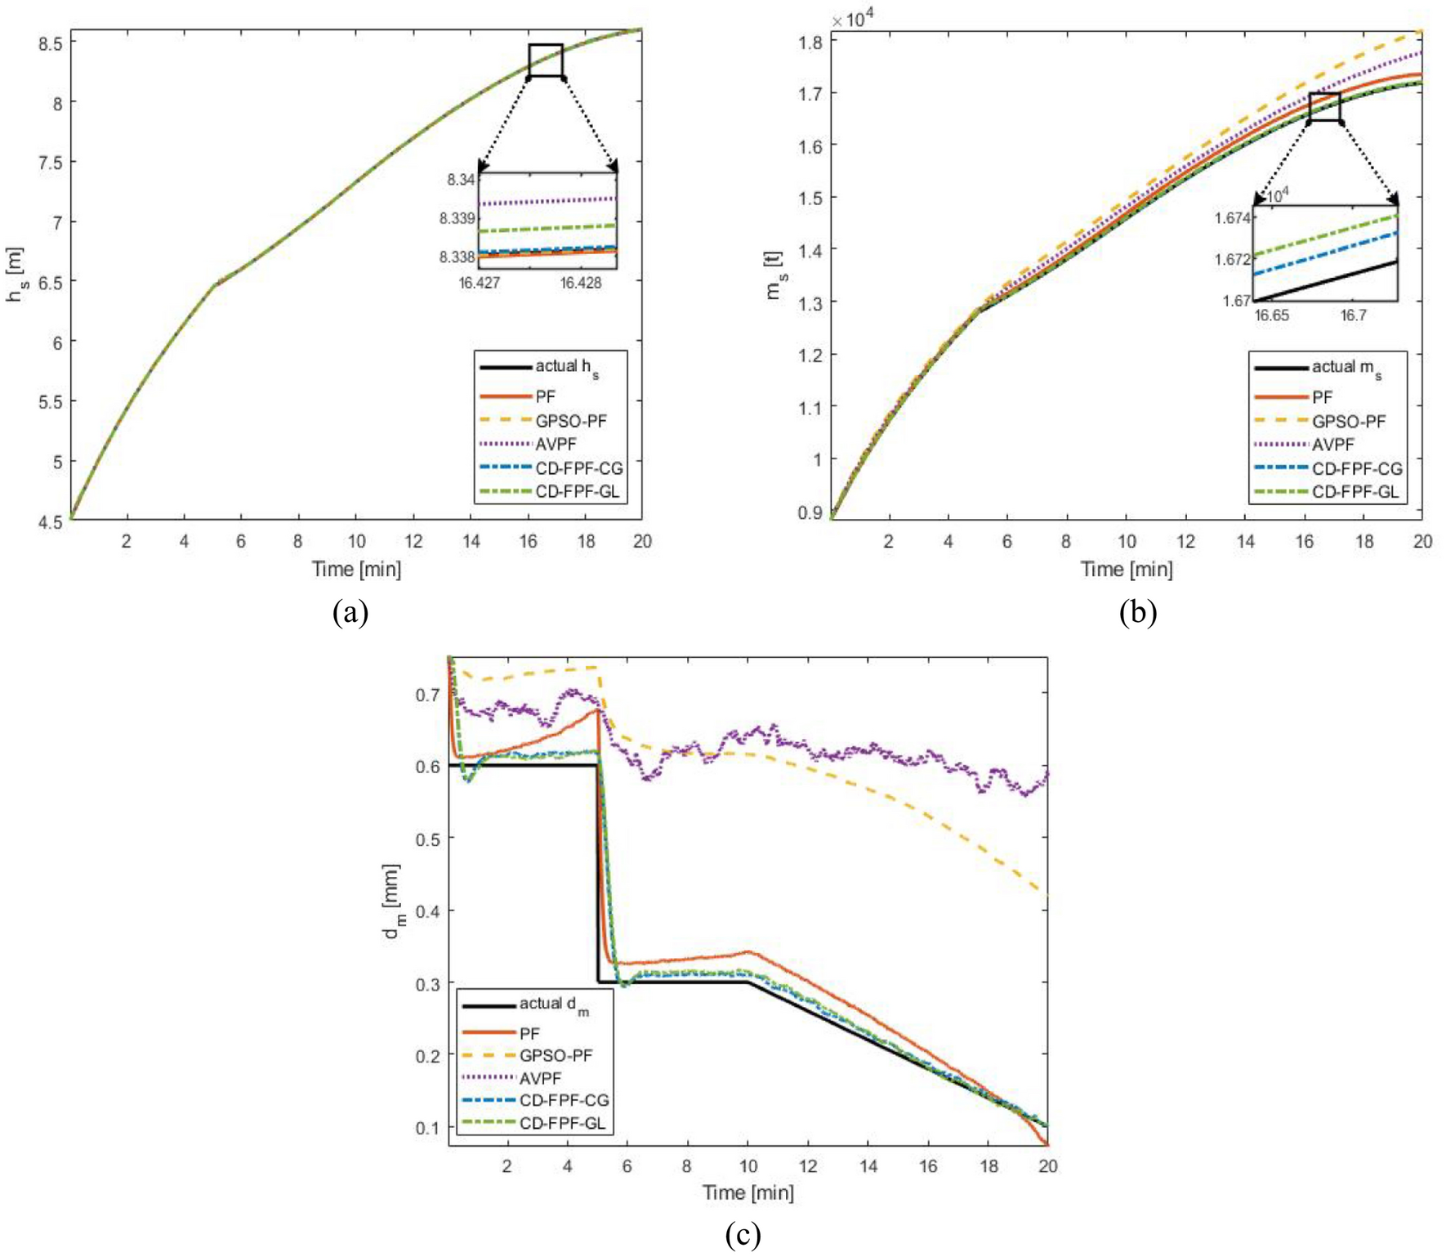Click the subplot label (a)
pyautogui.click(x=350, y=612)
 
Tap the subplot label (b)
pyautogui.click(x=1137, y=612)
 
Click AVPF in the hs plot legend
pyautogui.click(x=556, y=445)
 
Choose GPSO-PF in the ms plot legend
pyautogui.click(x=1349, y=422)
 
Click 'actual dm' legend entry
pyautogui.click(x=553, y=1004)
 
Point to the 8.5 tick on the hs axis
pyautogui.click(x=50, y=44)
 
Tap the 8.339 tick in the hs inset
pyautogui.click(x=457, y=218)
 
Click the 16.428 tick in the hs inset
pyautogui.click(x=580, y=283)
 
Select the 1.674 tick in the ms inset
pyautogui.click(x=1232, y=218)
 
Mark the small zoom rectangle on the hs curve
pyautogui.click(x=546, y=60)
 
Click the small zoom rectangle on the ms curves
pyautogui.click(x=1324, y=107)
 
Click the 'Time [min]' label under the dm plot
pyautogui.click(x=748, y=1192)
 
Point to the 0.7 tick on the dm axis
pyautogui.click(x=428, y=695)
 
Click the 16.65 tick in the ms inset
pyautogui.click(x=1271, y=315)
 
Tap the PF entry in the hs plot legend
pyautogui.click(x=545, y=397)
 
